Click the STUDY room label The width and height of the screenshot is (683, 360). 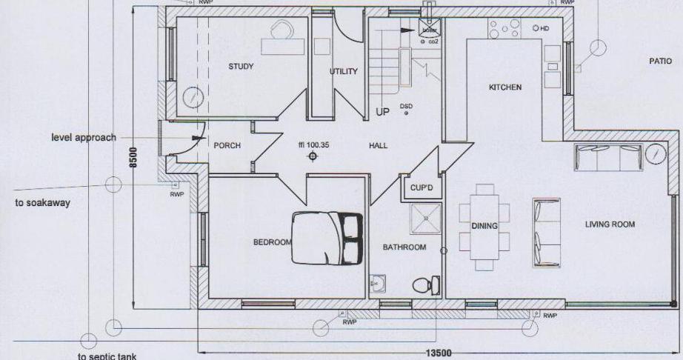pos(241,67)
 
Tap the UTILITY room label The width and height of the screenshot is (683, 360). pos(344,72)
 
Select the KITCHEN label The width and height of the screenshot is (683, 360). pos(505,87)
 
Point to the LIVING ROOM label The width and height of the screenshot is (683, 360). pos(610,224)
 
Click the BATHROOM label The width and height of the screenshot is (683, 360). pos(404,247)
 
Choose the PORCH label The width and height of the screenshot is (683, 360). pos(227,145)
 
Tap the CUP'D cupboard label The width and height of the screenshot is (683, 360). pos(421,188)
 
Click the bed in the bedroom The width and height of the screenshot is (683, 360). pos(327,238)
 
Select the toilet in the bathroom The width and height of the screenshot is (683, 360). pos(424,285)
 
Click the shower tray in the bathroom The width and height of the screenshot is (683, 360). pos(426,218)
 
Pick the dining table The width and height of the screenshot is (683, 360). pos(484,225)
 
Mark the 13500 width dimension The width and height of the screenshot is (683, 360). pos(438,354)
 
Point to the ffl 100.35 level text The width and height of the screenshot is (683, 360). pos(313,145)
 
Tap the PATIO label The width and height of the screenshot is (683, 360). pos(660,61)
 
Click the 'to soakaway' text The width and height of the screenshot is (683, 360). pos(42,203)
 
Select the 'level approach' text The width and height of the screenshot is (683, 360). pos(84,138)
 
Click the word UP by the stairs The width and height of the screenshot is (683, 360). pos(382,113)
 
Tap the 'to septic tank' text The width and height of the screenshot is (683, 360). pos(107,356)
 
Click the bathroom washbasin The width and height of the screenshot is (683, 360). pos(378,283)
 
